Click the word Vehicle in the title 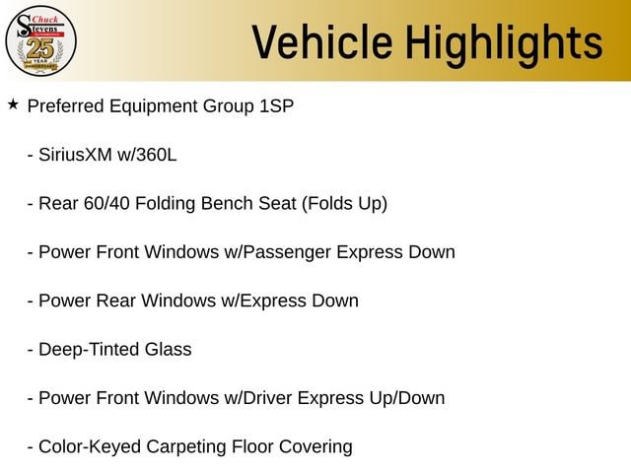[x=322, y=42]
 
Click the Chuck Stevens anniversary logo [x=40, y=41]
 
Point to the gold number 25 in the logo [x=40, y=49]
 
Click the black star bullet [x=13, y=104]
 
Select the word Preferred [x=66, y=106]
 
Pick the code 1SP [x=276, y=106]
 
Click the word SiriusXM [x=75, y=155]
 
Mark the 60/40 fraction [x=106, y=204]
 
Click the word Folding [x=165, y=204]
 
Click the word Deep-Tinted [x=89, y=350]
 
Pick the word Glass [x=169, y=349]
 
